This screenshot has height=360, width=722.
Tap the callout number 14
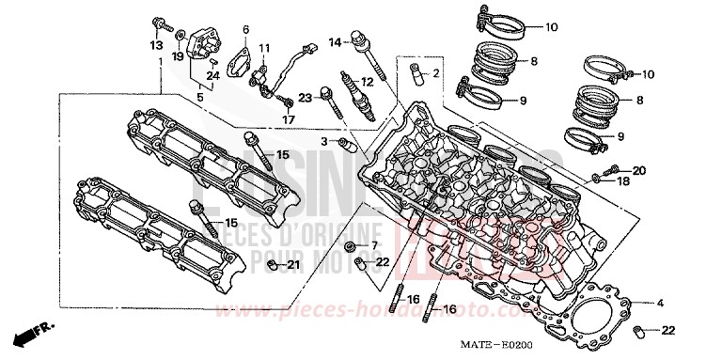[x=334, y=42]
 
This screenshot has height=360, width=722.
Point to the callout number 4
[x=661, y=303]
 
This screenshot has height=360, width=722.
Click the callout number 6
[x=245, y=29]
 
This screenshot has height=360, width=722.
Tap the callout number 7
[x=373, y=246]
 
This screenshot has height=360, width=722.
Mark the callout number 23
[x=305, y=97]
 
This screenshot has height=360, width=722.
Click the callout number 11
[x=265, y=48]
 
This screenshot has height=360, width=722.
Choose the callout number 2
[x=435, y=72]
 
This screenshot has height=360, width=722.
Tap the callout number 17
[x=290, y=119]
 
